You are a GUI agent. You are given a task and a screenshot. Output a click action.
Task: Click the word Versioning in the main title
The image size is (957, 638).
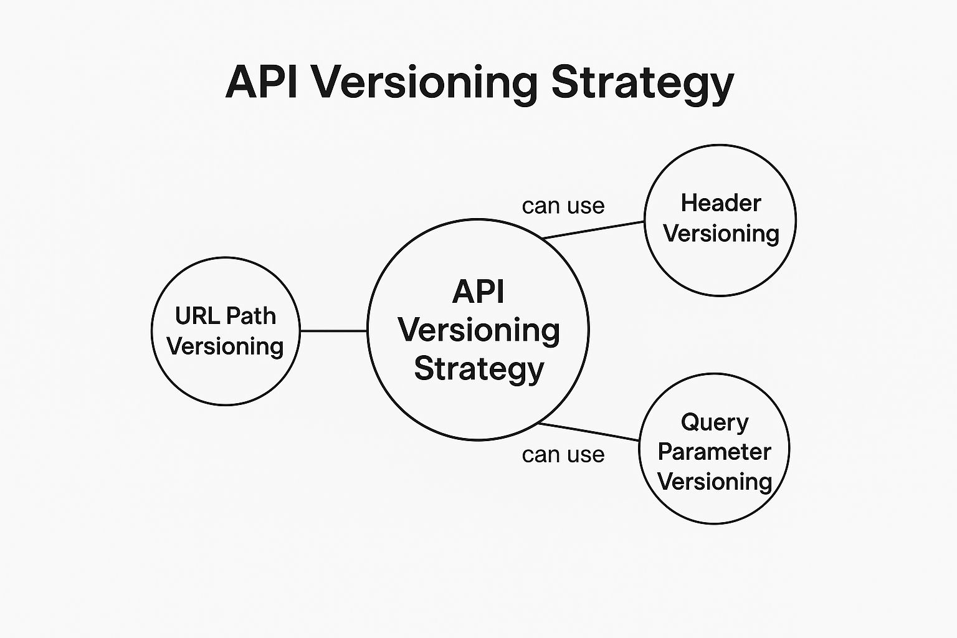[x=425, y=82]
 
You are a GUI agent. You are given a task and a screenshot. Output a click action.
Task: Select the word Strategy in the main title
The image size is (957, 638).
[x=642, y=82]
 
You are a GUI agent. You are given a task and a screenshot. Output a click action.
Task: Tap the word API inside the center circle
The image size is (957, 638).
[x=478, y=292]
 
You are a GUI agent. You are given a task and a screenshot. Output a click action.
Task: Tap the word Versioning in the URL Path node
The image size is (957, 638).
[x=225, y=346]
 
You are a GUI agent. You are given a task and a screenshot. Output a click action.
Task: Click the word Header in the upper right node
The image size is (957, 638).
[x=720, y=203]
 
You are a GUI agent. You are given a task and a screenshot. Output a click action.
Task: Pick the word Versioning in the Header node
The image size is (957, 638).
[x=720, y=233]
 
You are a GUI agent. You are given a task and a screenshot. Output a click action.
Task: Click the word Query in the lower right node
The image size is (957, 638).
[x=714, y=422]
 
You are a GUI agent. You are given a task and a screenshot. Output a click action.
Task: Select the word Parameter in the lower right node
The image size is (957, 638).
[x=714, y=452]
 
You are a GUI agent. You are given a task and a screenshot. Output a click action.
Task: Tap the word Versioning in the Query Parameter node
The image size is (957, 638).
[x=714, y=481]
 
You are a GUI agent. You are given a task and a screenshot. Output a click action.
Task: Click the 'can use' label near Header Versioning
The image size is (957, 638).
[x=563, y=206]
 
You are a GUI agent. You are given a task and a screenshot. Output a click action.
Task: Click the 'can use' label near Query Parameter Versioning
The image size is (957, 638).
[x=563, y=455]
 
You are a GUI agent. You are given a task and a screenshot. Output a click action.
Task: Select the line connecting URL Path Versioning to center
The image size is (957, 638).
[x=333, y=331]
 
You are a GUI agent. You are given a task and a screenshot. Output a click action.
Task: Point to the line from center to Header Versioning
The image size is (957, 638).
[x=593, y=229]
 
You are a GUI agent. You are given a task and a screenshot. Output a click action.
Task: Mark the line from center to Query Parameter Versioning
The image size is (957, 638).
[x=589, y=431]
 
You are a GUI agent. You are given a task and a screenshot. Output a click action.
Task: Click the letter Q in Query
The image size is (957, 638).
[x=690, y=422]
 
